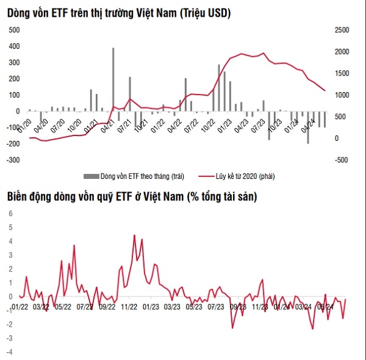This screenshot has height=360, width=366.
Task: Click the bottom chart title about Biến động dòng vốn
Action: tap(132, 196)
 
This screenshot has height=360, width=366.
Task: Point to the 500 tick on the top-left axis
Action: tap(13, 30)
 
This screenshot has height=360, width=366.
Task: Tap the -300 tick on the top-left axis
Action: tap(12, 160)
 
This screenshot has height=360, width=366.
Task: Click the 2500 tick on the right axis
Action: tap(342, 30)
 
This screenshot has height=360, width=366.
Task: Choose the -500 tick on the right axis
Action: tap(342, 160)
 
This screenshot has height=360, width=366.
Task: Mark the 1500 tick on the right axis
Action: tap(342, 73)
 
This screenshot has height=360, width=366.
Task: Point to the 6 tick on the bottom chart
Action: tap(9, 213)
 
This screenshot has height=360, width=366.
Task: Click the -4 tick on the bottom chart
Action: tap(9, 353)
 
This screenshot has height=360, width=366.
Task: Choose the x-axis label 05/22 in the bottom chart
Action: tap(63, 306)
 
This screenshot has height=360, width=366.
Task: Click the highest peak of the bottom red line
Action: tap(134, 235)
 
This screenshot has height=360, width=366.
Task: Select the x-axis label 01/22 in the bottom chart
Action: tap(20, 306)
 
